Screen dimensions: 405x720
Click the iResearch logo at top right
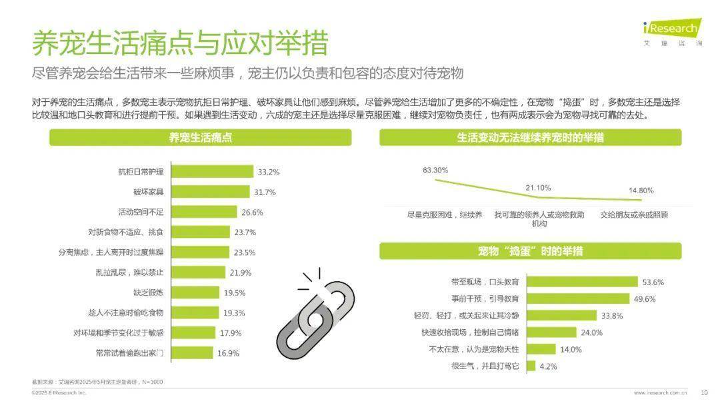(671, 31)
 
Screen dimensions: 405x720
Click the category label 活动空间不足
(141, 212)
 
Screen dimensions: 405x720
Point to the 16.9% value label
(228, 353)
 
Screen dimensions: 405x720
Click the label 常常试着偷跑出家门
(129, 352)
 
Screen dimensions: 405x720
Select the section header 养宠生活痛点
(200, 138)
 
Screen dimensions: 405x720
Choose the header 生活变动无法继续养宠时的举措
(530, 138)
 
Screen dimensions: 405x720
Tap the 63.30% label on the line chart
(435, 170)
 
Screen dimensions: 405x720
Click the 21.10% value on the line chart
(538, 188)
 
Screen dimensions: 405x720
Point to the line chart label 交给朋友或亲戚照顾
(633, 215)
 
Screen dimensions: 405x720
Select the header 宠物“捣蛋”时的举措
(530, 251)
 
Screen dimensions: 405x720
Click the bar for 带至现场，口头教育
(580, 282)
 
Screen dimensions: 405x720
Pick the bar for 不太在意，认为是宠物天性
(541, 349)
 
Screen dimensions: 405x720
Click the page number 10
(704, 392)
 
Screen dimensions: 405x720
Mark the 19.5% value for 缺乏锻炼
(235, 292)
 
